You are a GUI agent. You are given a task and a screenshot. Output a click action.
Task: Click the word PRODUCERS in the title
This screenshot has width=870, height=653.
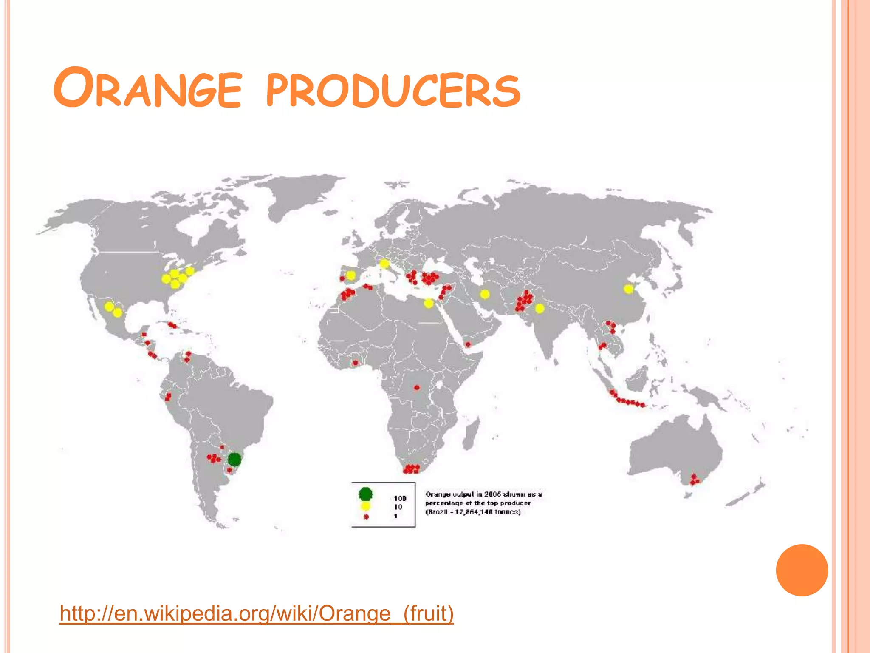click(393, 90)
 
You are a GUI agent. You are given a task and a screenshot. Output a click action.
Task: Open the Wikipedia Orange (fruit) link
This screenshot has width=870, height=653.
click(257, 613)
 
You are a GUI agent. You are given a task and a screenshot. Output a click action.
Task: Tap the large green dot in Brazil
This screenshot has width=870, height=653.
click(234, 459)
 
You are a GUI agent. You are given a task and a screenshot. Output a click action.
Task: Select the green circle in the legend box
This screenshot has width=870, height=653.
click(365, 494)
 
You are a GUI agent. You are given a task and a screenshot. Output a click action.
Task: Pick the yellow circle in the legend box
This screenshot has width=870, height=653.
click(365, 506)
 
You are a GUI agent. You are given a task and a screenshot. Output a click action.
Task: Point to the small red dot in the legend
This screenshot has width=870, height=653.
click(366, 517)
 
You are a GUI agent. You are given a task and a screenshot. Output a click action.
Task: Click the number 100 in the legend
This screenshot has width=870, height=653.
click(400, 498)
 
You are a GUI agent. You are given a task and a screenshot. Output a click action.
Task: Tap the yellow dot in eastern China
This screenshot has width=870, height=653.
click(628, 289)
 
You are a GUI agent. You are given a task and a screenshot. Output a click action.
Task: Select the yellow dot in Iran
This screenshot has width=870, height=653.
click(485, 294)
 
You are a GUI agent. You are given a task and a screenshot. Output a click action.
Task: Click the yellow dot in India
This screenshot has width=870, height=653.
click(540, 308)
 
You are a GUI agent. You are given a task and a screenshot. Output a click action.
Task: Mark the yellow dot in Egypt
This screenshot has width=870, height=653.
click(429, 303)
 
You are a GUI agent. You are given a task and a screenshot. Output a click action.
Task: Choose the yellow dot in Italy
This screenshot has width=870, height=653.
click(384, 264)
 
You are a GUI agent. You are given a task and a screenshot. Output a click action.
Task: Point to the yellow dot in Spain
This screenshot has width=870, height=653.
click(351, 275)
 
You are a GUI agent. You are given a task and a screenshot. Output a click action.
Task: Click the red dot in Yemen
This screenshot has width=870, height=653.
click(468, 344)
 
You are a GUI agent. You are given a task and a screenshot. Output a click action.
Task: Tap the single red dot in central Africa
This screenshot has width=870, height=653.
click(417, 387)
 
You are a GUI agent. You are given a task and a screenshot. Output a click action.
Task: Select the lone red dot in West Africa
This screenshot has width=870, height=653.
click(355, 363)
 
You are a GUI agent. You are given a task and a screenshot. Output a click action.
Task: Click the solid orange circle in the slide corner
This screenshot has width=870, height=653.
click(802, 570)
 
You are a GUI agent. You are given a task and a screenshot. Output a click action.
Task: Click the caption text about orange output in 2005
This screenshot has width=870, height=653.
click(483, 503)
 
